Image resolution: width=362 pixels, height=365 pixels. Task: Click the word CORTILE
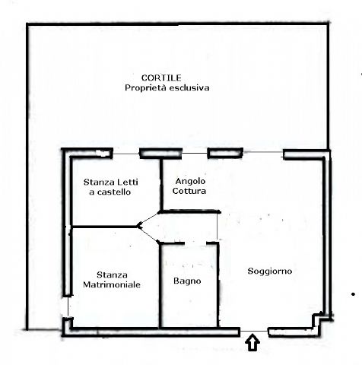click(161, 78)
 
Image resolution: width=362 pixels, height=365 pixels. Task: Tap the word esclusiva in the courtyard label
click(189, 87)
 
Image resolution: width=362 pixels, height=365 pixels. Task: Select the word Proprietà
click(146, 88)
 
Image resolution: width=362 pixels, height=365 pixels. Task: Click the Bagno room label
click(187, 281)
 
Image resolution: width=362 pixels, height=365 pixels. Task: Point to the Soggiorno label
click(270, 271)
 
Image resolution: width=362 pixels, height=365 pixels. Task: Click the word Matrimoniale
click(112, 284)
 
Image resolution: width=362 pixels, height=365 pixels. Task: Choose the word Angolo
click(190, 181)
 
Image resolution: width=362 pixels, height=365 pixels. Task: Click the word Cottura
click(189, 191)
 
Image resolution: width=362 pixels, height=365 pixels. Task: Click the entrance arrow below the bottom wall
click(252, 342)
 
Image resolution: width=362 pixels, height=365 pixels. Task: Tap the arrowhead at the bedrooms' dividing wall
click(138, 226)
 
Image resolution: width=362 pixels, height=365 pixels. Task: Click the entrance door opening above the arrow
click(254, 331)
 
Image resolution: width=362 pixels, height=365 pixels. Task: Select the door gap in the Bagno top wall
click(195, 243)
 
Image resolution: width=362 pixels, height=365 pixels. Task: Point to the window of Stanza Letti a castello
click(126, 154)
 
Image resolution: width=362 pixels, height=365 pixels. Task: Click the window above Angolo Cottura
click(195, 153)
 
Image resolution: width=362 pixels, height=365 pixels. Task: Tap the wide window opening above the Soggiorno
click(263, 152)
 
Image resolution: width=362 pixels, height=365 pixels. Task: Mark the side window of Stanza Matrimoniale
click(68, 306)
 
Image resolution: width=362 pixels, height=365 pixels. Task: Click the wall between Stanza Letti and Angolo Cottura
click(161, 185)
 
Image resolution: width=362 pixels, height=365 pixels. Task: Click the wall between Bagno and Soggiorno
click(218, 285)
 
